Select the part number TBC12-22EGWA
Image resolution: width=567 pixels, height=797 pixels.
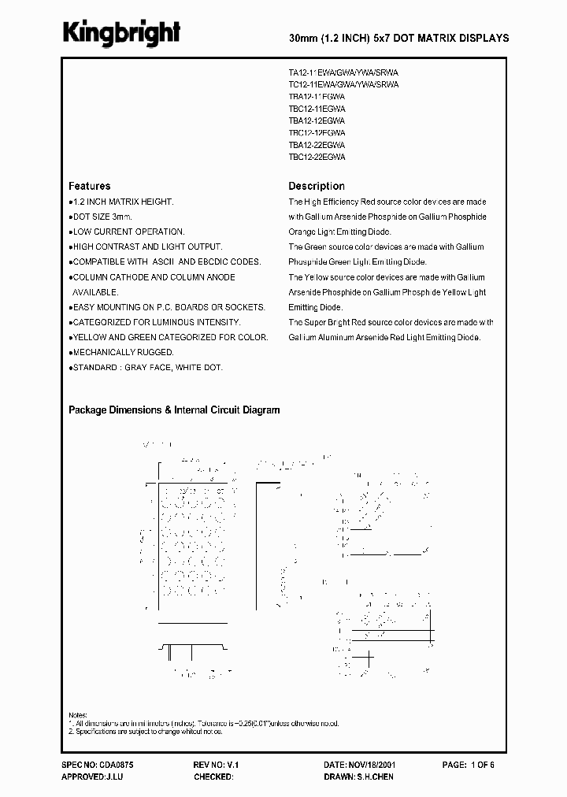[317, 157]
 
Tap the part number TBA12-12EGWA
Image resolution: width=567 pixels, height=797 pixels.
[317, 121]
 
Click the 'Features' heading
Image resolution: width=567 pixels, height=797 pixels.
[90, 187]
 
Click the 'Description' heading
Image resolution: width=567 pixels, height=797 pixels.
[317, 187]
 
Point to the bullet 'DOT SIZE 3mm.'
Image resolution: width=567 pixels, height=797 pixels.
[102, 217]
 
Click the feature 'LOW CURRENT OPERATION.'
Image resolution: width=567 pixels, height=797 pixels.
[128, 232]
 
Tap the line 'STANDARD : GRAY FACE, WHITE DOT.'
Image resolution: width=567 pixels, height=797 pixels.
[147, 368]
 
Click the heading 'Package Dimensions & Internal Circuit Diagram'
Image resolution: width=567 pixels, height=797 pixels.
[174, 410]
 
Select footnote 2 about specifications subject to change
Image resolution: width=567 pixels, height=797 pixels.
[157, 732]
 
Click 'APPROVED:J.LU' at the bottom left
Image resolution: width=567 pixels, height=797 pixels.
[91, 777]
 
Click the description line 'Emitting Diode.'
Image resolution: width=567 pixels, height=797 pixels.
[316, 307]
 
